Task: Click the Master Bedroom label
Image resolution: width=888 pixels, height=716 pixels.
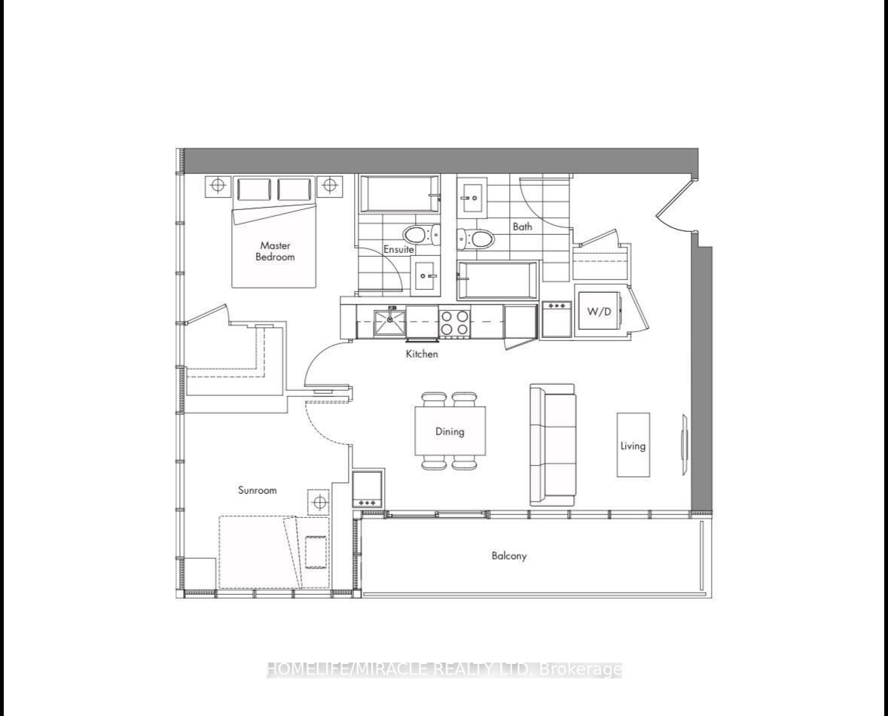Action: [x=275, y=251]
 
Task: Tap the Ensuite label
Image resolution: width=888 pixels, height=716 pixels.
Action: [x=398, y=249]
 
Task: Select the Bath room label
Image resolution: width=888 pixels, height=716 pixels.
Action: [x=522, y=227]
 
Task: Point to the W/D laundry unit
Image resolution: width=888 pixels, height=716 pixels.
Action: [x=599, y=311]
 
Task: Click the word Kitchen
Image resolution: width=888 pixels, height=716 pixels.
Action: [x=422, y=354]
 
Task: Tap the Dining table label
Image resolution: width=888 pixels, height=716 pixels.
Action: [x=450, y=431]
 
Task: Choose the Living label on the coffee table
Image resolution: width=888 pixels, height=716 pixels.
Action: [x=633, y=446]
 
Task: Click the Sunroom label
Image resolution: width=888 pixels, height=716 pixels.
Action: [x=257, y=490]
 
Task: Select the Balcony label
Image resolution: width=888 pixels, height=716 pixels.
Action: [x=509, y=556]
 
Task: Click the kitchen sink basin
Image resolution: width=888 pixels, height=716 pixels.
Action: [x=389, y=322]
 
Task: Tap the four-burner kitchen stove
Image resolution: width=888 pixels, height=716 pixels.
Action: [x=455, y=323]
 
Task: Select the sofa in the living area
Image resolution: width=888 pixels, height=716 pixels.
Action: [x=552, y=444]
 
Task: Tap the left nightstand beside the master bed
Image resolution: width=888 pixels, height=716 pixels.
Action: [x=218, y=185]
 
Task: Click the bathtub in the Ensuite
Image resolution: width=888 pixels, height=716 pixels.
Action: [x=398, y=193]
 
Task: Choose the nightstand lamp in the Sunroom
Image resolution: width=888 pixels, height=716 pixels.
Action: [x=319, y=501]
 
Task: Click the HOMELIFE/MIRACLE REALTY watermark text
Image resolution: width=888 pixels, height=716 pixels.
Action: [x=444, y=669]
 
